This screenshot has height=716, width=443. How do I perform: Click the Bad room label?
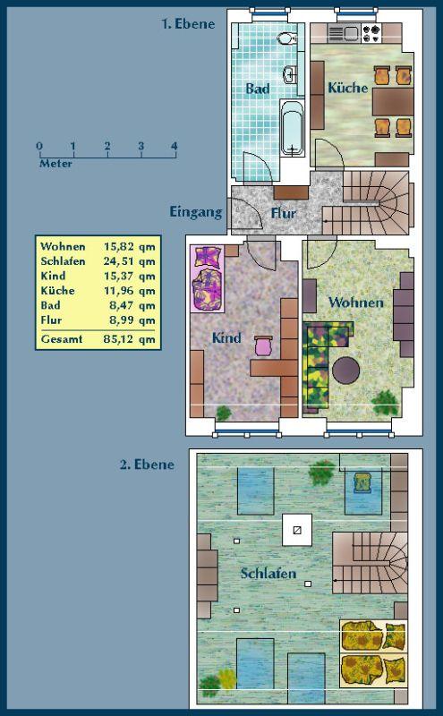pyautogui.click(x=258, y=89)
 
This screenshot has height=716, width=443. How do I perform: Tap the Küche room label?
pyautogui.click(x=348, y=87)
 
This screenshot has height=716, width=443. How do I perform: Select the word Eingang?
pyautogui.click(x=196, y=212)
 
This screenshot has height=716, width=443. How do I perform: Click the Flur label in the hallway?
pyautogui.click(x=284, y=213)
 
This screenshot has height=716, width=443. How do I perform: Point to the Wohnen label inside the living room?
pyautogui.click(x=356, y=303)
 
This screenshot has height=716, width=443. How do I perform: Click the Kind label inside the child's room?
pyautogui.click(x=226, y=338)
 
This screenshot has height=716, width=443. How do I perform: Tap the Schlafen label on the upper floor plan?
pyautogui.click(x=268, y=573)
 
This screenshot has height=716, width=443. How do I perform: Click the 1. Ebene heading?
pyautogui.click(x=188, y=24)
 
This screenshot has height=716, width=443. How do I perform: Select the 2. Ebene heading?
pyautogui.click(x=147, y=465)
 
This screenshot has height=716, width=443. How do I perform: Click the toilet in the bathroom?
pyautogui.click(x=286, y=38)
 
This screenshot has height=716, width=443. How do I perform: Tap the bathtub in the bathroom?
pyautogui.click(x=292, y=129)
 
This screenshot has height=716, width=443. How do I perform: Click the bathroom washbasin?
pyautogui.click(x=291, y=75)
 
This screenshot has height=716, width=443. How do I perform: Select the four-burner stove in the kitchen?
pyautogui.click(x=371, y=33)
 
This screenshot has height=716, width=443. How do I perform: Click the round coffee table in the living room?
pyautogui.click(x=345, y=371)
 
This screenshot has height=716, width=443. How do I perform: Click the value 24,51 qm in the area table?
pyautogui.click(x=129, y=261)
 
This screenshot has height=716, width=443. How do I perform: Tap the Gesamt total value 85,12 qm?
pyautogui.click(x=129, y=339)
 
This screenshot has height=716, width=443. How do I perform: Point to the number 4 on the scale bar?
pyautogui.click(x=174, y=146)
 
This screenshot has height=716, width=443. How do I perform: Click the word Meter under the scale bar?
pyautogui.click(x=55, y=164)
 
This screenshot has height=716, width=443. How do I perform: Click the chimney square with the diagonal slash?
pyautogui.click(x=297, y=530)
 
